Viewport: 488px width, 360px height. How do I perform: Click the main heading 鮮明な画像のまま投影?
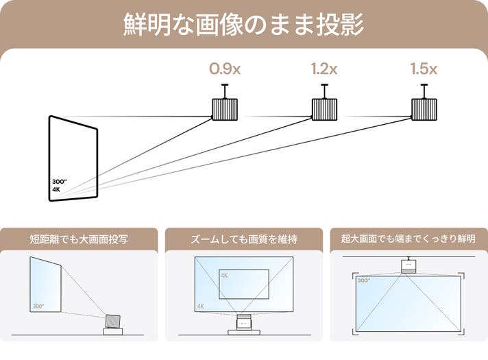click(x=244, y=24)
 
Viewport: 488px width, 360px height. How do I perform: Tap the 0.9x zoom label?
click(x=225, y=69)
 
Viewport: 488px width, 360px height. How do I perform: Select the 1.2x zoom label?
click(x=324, y=69)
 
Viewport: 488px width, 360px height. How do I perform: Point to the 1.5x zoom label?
click(x=424, y=69)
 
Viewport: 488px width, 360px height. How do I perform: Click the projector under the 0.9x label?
click(x=225, y=109)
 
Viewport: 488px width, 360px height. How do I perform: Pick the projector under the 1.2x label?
click(x=324, y=109)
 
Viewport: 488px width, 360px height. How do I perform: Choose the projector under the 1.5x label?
click(x=424, y=109)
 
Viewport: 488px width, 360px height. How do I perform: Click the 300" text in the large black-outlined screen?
click(x=59, y=182)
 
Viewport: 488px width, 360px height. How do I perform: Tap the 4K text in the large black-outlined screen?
click(x=56, y=189)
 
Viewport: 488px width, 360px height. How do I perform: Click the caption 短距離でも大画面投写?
click(x=80, y=239)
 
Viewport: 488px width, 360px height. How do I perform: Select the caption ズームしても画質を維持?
click(x=245, y=239)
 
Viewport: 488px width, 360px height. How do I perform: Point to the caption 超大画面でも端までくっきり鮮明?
click(x=409, y=239)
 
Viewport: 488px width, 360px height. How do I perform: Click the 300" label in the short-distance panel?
click(x=38, y=305)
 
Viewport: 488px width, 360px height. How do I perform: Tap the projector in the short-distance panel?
click(x=112, y=321)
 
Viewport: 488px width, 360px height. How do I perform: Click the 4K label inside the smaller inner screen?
click(x=224, y=275)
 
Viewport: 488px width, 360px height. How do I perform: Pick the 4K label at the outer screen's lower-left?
click(x=200, y=306)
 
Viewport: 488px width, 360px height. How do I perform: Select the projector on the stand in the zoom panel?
click(x=245, y=323)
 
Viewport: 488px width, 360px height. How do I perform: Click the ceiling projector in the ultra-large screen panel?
click(x=409, y=265)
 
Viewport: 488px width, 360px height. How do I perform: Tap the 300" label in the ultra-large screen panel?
click(x=363, y=280)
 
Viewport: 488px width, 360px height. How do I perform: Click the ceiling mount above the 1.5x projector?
click(x=424, y=90)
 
